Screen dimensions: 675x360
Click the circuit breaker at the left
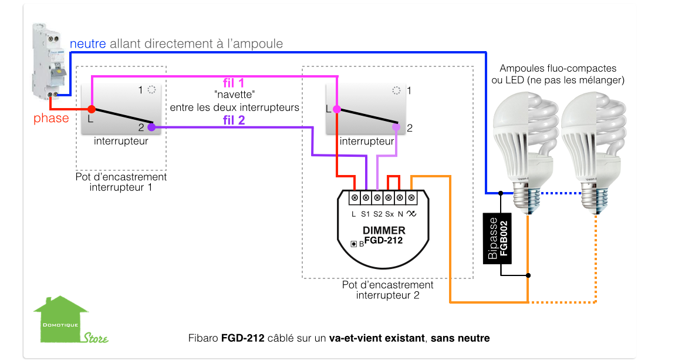point(49,62)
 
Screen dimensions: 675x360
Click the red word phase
point(51,119)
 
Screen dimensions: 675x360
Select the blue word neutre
point(88,43)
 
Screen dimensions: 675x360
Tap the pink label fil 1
point(234,83)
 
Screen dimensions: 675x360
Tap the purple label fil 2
point(234,120)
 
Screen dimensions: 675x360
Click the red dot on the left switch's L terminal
point(91,109)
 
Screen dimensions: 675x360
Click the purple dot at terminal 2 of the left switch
point(151,127)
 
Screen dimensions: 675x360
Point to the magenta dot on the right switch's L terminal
point(337,109)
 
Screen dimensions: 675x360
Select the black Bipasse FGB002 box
point(497,238)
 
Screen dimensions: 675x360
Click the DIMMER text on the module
point(384,230)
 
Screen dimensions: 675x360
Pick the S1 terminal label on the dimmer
point(366,214)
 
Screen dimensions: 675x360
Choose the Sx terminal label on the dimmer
point(390,214)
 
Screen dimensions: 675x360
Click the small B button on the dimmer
point(354,244)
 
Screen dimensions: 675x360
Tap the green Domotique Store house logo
point(70,319)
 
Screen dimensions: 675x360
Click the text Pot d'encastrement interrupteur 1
point(121,182)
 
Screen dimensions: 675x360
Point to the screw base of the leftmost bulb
point(526,198)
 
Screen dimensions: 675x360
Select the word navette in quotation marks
point(235,95)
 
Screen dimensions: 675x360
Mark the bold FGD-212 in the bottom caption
point(243,338)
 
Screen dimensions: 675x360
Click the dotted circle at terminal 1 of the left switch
point(151,90)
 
